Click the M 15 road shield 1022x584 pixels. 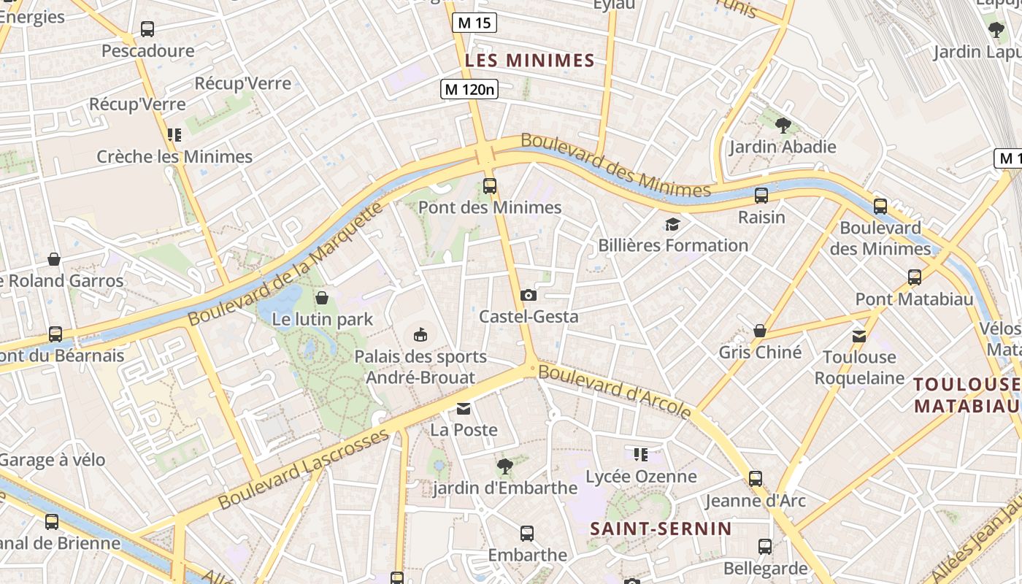click(x=474, y=23)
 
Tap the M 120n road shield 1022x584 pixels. click(x=469, y=89)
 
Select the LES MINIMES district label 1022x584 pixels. click(x=530, y=61)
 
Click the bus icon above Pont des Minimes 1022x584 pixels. click(x=490, y=186)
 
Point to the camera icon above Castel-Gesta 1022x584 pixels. click(x=528, y=296)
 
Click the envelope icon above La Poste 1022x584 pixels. click(x=464, y=409)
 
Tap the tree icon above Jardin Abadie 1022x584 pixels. click(x=783, y=126)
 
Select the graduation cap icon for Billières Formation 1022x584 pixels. click(x=672, y=224)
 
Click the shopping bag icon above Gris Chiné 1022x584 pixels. click(x=760, y=331)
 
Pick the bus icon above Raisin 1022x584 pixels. click(x=761, y=196)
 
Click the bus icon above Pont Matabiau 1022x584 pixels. click(x=914, y=277)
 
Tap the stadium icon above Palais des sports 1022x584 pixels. click(x=420, y=335)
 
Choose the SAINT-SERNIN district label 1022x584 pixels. click(x=661, y=529)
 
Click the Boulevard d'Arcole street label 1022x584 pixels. click(x=615, y=392)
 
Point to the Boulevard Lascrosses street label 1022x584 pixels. click(x=304, y=469)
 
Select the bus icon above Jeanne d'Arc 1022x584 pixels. click(x=755, y=479)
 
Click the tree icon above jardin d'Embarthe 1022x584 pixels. click(x=504, y=466)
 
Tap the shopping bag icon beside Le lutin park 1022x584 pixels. click(x=322, y=298)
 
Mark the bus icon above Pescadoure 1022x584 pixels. click(x=147, y=29)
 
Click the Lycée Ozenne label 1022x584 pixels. click(x=642, y=477)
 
